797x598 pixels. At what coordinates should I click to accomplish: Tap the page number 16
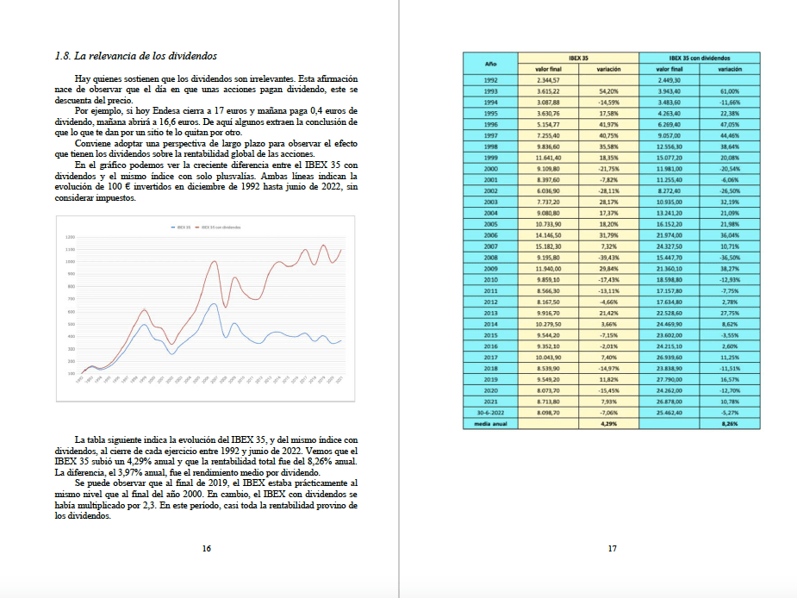coord(206,548)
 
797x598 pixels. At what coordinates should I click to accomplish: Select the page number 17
coord(612,548)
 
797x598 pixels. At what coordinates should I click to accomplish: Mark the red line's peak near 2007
coord(214,262)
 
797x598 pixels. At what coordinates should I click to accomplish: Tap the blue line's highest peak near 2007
coord(213,304)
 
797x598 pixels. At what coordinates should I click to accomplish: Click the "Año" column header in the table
coord(490,63)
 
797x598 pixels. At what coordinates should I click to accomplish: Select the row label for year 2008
coord(490,257)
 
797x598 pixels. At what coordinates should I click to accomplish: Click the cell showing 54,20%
coord(608,90)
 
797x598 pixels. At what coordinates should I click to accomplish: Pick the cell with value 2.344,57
coord(548,79)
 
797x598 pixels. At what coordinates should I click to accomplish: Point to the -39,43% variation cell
coord(608,257)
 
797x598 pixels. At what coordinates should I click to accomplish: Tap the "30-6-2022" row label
coord(490,413)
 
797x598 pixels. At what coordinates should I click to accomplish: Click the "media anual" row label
coord(490,423)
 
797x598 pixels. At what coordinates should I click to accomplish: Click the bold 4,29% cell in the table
coord(608,423)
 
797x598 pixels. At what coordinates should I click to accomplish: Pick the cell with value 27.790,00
coord(669,379)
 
